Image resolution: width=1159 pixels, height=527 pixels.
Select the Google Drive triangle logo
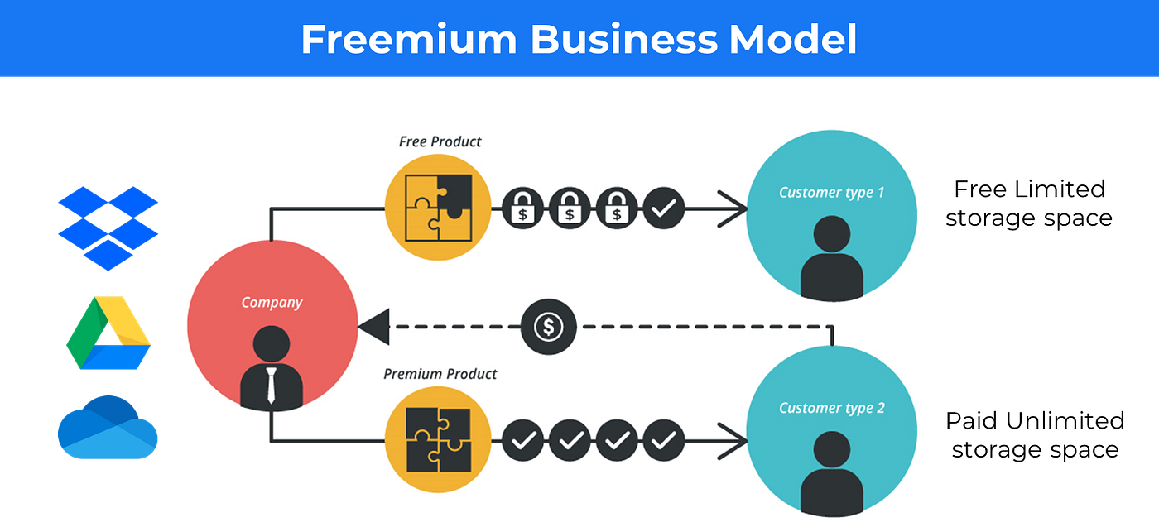108,332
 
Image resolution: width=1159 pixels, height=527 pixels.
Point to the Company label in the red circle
272,303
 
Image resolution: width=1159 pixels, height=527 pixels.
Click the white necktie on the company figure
271,386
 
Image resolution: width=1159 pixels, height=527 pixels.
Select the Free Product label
440,141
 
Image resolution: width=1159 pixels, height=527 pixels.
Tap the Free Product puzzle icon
439,208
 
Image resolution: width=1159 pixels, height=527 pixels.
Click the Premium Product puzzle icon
439,440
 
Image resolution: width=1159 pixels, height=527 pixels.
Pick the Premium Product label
440,374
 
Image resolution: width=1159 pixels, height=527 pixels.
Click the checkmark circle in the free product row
664,208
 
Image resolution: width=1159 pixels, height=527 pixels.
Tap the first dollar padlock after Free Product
523,208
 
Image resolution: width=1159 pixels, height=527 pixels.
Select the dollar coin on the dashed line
547,327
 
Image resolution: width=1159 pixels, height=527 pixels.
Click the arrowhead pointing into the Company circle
374,327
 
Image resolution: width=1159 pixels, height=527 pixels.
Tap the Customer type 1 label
831,193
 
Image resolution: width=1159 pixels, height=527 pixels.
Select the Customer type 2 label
831,408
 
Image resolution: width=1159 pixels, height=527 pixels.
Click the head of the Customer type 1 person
831,235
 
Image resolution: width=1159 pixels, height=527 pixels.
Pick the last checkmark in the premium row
664,440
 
